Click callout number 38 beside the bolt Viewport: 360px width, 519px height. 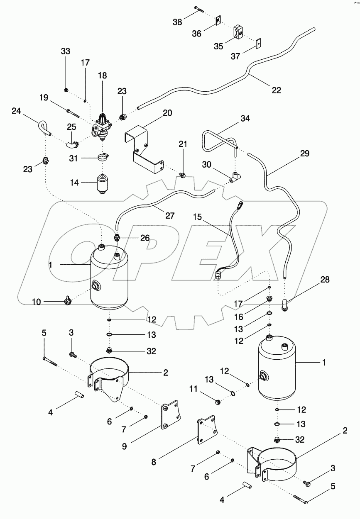point(177,22)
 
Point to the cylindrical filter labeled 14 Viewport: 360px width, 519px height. point(102,183)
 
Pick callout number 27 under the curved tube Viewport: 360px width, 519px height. point(169,215)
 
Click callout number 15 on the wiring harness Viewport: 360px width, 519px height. point(197,217)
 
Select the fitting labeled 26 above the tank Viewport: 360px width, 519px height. point(118,238)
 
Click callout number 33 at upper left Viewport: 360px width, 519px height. point(66,51)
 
